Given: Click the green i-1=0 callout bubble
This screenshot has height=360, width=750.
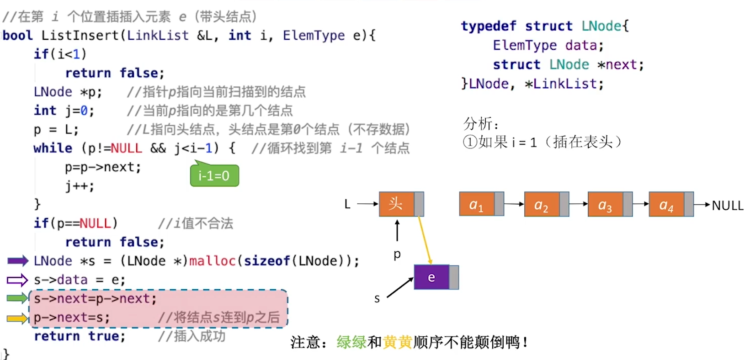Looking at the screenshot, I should click(x=214, y=176).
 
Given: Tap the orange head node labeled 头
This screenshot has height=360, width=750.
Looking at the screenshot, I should click(x=396, y=204).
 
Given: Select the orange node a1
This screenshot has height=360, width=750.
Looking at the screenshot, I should click(x=477, y=204).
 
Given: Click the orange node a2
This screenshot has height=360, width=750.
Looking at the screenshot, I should click(x=542, y=204).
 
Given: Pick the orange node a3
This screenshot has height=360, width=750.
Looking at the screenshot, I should click(x=605, y=204).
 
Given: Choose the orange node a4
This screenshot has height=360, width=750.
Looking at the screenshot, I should click(x=666, y=204).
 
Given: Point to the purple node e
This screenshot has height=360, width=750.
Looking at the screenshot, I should click(x=431, y=277).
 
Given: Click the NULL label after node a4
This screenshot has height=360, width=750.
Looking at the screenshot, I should click(x=728, y=206).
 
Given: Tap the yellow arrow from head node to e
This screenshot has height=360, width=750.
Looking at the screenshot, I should click(x=425, y=240).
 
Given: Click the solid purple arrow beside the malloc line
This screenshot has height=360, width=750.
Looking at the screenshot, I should click(x=18, y=261).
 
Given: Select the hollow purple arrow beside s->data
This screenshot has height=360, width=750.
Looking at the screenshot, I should click(x=18, y=280).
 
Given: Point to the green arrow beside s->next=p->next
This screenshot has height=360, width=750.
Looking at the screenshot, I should click(x=18, y=298).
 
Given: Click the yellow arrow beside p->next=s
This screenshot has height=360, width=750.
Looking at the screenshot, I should click(x=18, y=318).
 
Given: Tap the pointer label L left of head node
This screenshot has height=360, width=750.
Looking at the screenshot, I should click(x=347, y=204).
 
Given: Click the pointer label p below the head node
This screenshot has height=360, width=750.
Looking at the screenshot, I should click(x=397, y=254).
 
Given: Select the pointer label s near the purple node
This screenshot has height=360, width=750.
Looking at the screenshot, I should click(x=377, y=299).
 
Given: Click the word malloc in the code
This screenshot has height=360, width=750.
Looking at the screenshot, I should click(x=212, y=261).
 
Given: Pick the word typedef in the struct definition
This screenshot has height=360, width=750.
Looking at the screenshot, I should click(x=488, y=26).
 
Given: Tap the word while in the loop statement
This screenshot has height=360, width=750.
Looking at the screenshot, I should click(x=53, y=148).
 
